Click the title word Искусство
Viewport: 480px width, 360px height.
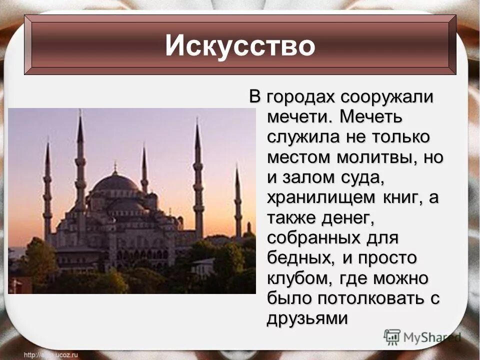(240, 46)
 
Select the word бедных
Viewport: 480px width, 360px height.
(297, 258)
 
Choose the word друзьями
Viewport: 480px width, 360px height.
(306, 318)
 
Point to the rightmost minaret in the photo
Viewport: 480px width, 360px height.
(238, 200)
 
